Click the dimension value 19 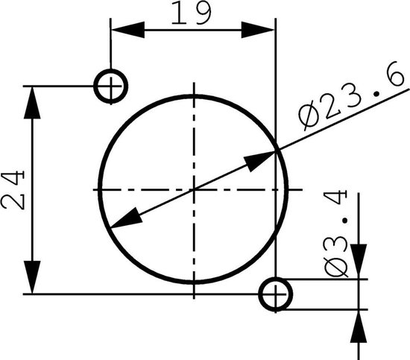coord(191,13)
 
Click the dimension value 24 coord(13,189)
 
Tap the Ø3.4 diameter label coord(336,233)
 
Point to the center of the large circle coord(194,189)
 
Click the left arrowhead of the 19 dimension coord(128,30)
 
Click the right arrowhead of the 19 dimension coord(258,30)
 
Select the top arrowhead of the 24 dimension coord(32,102)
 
